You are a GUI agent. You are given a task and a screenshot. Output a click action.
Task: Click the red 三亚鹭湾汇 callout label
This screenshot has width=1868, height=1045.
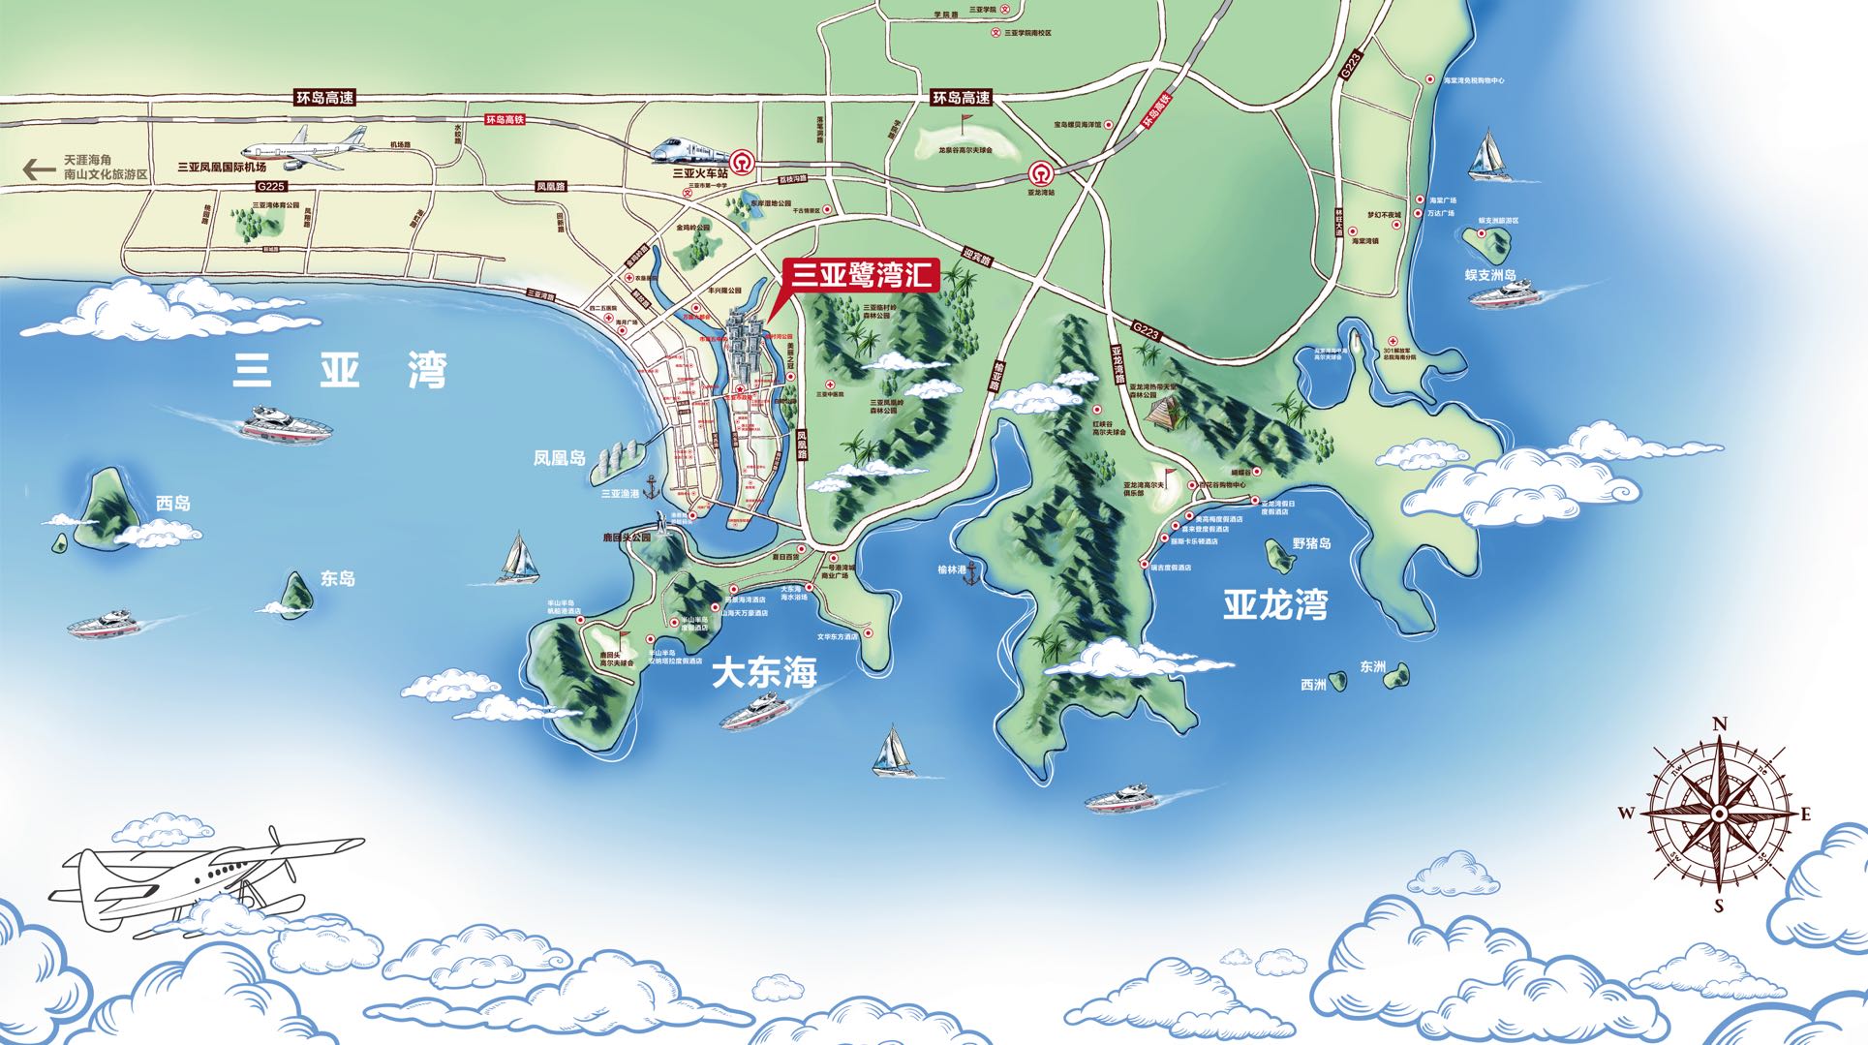860,274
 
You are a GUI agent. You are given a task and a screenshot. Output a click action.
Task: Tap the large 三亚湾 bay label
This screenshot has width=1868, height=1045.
339,371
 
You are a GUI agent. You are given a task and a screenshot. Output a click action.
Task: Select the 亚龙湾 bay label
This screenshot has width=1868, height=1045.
1274,604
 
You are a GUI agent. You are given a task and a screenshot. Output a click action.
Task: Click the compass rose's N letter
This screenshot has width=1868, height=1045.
1720,723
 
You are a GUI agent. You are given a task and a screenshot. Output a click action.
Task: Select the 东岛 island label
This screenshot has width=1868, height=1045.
338,579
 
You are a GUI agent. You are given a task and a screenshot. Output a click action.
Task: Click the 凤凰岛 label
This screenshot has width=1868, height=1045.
560,456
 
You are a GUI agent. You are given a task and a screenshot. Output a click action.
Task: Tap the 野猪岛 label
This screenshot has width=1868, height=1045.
1312,543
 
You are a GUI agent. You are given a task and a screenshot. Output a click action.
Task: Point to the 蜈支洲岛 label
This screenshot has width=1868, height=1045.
1490,274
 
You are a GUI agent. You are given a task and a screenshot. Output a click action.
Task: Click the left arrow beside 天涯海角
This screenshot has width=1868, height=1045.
40,169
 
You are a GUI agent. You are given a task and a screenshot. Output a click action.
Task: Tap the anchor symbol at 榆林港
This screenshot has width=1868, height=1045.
974,572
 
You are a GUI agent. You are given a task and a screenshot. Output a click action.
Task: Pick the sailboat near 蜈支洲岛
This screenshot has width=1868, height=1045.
1488,155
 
